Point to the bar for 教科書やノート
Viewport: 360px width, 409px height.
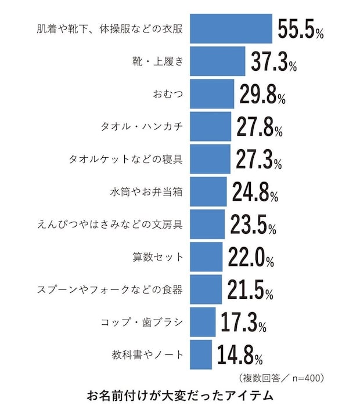(x=200, y=354)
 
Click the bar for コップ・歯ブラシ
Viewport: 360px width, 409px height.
(x=202, y=321)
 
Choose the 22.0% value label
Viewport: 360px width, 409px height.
(x=250, y=256)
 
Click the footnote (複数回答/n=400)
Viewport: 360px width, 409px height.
(x=281, y=378)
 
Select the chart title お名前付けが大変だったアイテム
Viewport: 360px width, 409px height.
(x=179, y=397)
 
